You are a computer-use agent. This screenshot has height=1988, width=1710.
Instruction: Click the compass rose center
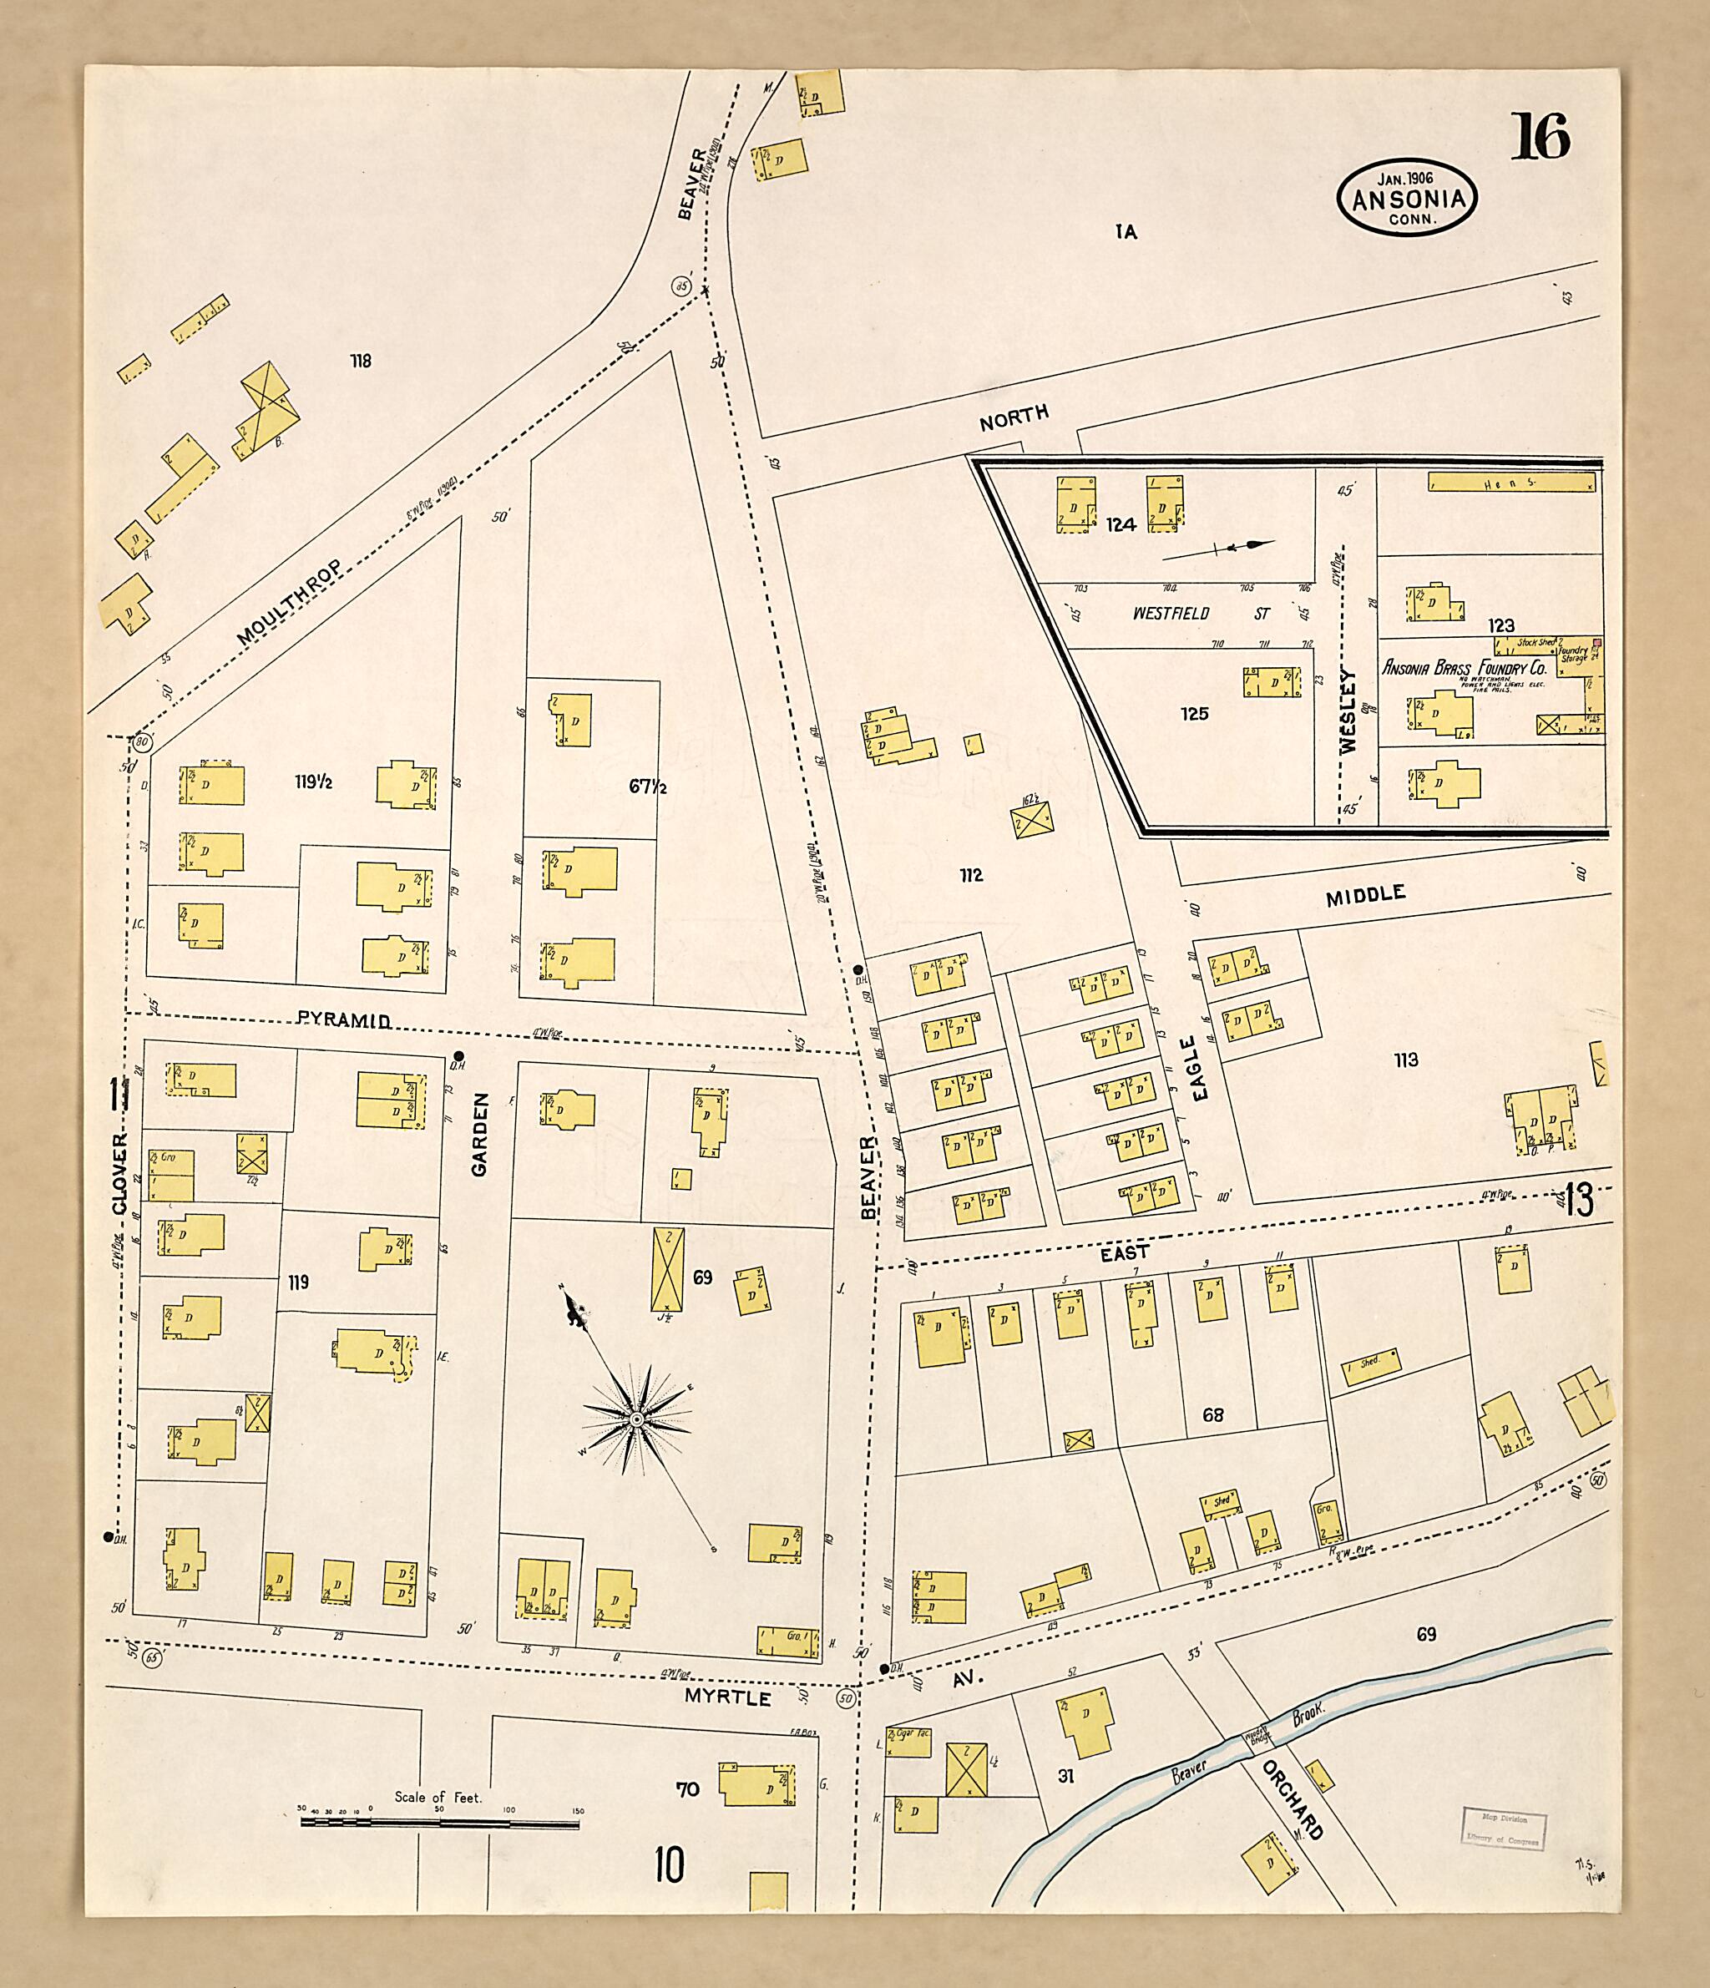click(635, 1418)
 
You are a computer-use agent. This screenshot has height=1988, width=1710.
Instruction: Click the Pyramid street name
click(342, 1020)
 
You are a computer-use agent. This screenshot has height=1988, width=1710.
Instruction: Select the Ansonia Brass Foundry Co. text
click(1464, 668)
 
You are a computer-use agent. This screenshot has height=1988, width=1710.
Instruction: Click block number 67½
click(648, 787)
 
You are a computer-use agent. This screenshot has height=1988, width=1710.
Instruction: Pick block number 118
click(361, 362)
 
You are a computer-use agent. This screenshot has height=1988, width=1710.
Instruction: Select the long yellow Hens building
click(1510, 482)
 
